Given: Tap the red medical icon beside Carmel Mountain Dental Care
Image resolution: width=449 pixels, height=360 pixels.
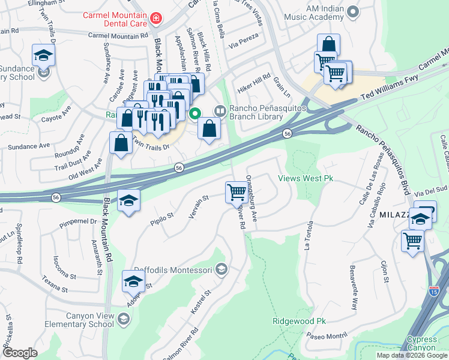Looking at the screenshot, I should point(157,19).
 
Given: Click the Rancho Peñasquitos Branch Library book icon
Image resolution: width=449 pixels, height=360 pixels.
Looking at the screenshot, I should point(220,110).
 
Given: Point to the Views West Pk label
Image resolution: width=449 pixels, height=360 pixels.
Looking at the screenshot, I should point(305,178).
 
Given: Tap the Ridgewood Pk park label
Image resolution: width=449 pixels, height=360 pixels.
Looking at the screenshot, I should point(298,321).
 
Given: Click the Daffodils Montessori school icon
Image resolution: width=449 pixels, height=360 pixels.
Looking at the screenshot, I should point(221,269).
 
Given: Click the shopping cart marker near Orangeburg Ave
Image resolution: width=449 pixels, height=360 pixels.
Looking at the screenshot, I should point(237,193).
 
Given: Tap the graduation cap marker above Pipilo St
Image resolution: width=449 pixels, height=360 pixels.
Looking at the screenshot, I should point(128,200).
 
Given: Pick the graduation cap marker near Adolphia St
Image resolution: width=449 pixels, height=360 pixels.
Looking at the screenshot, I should point(133,280).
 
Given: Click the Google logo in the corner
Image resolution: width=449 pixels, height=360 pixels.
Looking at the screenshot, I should point(20,352).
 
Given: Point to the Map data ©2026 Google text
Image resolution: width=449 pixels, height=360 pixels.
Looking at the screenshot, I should point(411,355).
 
